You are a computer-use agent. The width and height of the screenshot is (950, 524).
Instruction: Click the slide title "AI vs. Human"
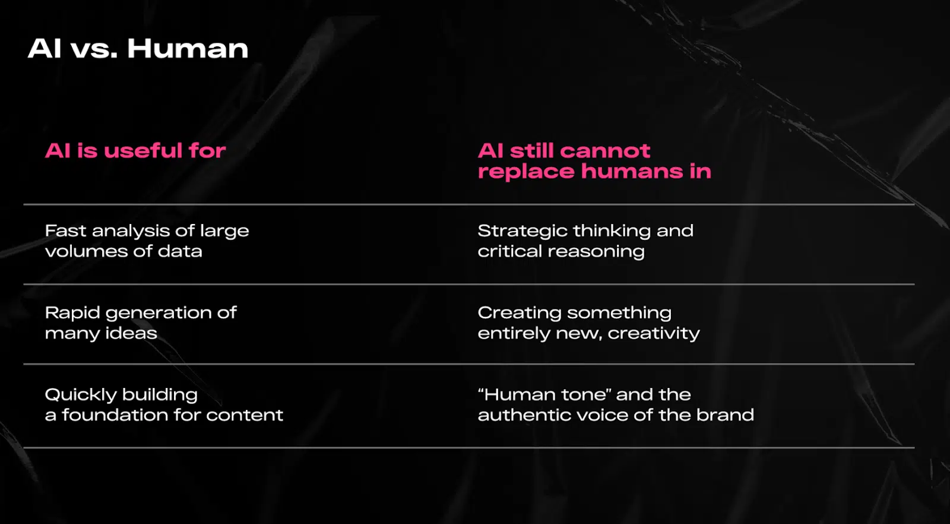click(x=138, y=49)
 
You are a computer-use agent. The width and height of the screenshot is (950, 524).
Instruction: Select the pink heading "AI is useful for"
click(x=135, y=151)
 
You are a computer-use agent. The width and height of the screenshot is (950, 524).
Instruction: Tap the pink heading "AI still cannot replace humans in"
click(x=594, y=161)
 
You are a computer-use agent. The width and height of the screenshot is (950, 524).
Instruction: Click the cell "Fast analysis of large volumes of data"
click(x=147, y=241)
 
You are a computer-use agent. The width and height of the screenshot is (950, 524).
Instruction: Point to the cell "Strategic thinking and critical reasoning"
click(x=585, y=241)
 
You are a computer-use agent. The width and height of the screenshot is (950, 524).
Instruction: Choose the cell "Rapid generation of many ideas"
click(x=141, y=323)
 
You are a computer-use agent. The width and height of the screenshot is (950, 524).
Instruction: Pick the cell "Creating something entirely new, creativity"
click(x=588, y=323)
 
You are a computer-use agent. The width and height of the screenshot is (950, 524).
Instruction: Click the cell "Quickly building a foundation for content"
click(x=164, y=405)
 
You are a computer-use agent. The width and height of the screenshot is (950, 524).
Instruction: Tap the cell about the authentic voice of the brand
click(x=616, y=405)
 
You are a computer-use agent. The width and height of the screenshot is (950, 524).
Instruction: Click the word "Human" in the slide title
click(x=188, y=49)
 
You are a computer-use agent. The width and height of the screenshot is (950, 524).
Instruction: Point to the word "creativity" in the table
click(x=654, y=333)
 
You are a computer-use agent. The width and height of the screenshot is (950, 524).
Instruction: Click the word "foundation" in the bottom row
click(x=115, y=415)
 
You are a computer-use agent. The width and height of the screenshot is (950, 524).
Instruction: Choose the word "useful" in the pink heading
click(x=143, y=151)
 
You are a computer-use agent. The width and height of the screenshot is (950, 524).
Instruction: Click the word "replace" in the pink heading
click(x=526, y=172)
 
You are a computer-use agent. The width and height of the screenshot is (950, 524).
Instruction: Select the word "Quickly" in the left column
click(x=81, y=395)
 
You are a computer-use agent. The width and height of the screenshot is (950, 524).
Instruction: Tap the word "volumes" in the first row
click(x=86, y=251)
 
